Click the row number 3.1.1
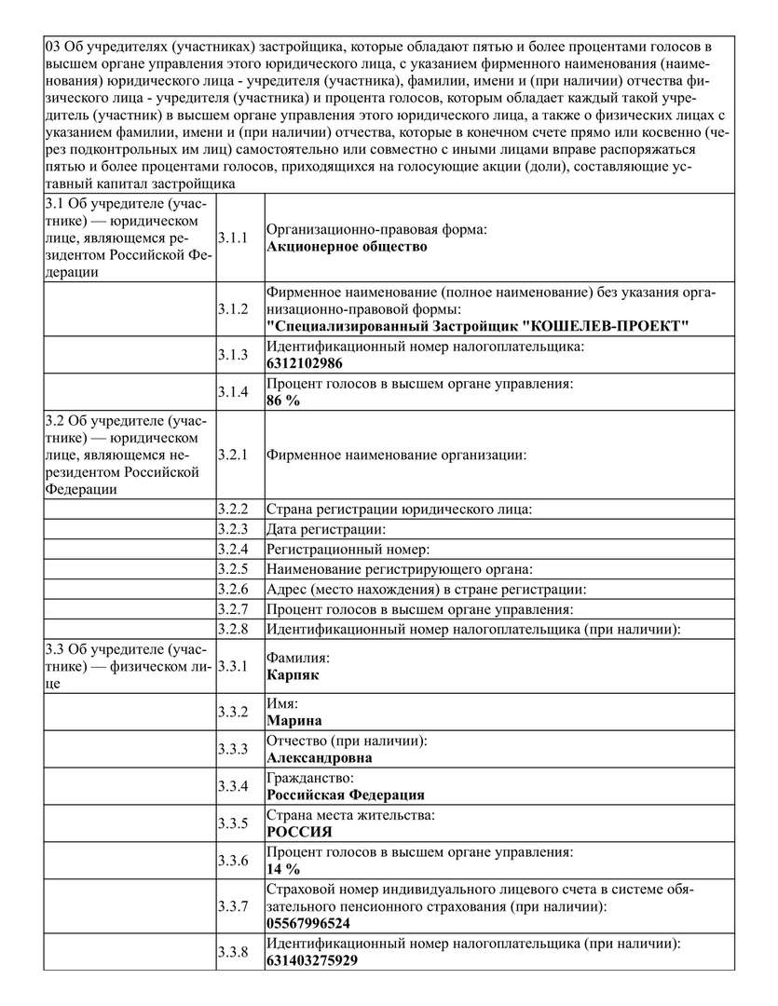[233, 238]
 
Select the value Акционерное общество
[347, 247]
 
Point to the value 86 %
[283, 401]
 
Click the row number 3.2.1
[233, 455]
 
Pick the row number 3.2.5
[233, 569]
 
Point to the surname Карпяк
[293, 674]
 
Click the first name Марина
[294, 721]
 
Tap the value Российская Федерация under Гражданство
[346, 795]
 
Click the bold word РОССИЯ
[299, 832]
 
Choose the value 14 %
[283, 869]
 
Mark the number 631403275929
[312, 960]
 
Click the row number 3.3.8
[233, 952]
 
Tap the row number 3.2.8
[233, 629]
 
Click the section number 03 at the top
[53, 46]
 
